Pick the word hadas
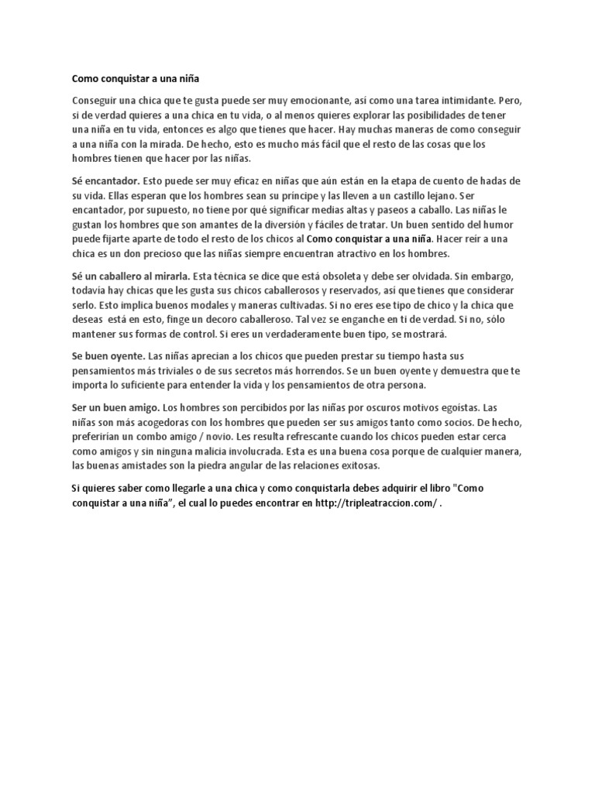(501, 180)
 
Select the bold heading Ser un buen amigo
(115, 407)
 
